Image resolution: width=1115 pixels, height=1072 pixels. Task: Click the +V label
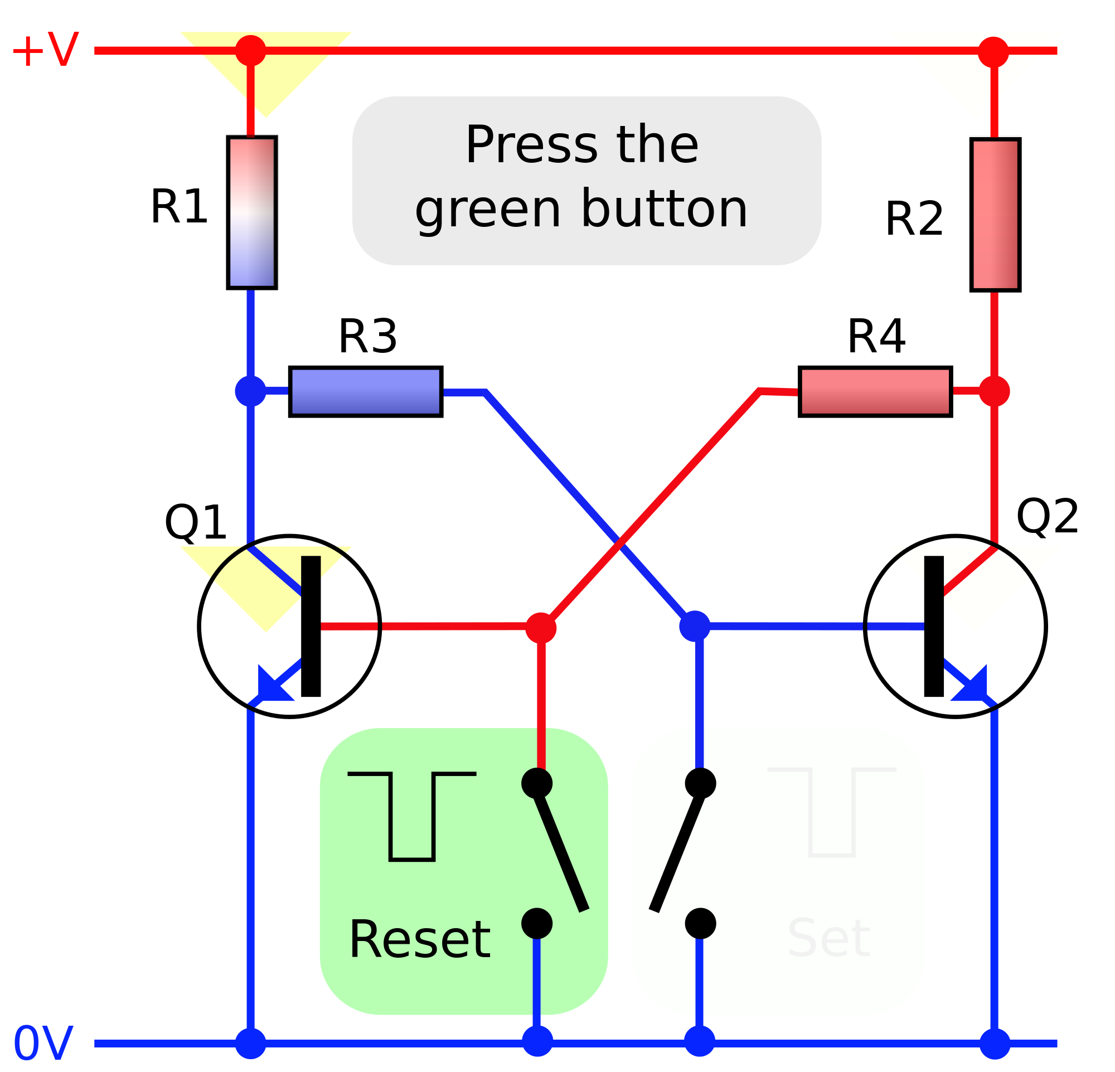(x=45, y=51)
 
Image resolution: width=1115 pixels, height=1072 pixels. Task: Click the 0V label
(x=43, y=1043)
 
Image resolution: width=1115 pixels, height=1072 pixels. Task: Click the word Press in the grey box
(x=531, y=145)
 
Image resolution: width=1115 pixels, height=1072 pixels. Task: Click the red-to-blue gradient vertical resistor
(x=251, y=212)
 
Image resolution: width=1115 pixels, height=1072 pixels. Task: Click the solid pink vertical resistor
(x=995, y=215)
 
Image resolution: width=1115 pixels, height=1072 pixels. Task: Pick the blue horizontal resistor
(x=365, y=391)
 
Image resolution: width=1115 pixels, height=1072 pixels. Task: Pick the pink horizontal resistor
(x=875, y=391)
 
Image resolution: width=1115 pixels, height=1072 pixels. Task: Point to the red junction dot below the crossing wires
(x=540, y=628)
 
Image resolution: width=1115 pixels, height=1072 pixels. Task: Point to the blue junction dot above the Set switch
(x=695, y=626)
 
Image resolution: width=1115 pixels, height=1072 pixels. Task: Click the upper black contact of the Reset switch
(x=536, y=783)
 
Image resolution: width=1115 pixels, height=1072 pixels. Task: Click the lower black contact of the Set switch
(x=700, y=923)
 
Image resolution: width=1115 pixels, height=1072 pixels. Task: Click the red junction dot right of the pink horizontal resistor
(x=994, y=391)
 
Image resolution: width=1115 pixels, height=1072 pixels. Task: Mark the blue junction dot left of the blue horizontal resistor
(x=250, y=391)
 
